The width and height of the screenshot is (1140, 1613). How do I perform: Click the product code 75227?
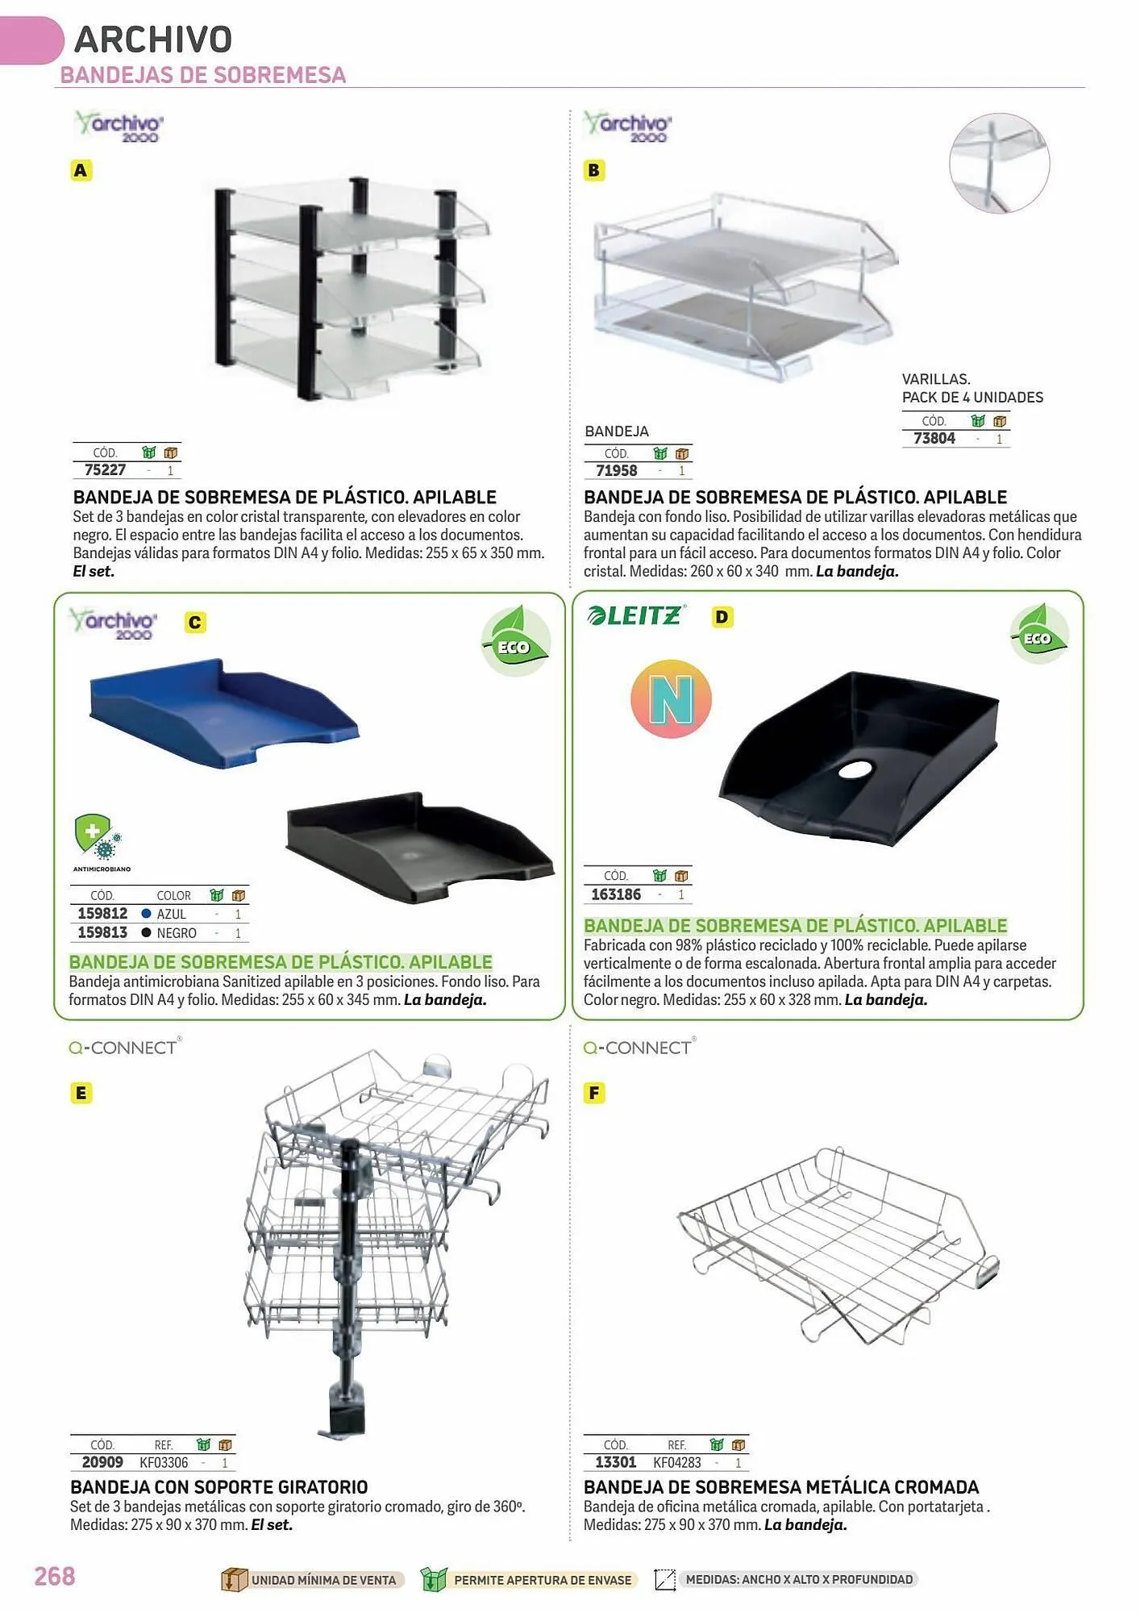click(x=106, y=469)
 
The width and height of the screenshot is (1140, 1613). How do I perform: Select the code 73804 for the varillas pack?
click(x=934, y=438)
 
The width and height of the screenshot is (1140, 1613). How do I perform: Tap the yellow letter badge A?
click(x=81, y=170)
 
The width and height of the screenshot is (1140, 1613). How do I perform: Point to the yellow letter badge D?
click(x=722, y=617)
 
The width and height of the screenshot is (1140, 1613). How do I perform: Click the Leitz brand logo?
click(x=636, y=615)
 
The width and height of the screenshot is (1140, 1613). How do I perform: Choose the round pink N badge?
click(x=671, y=698)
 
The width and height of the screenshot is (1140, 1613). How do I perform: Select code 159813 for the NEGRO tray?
click(x=102, y=932)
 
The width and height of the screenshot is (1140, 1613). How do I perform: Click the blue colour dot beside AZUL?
click(x=146, y=914)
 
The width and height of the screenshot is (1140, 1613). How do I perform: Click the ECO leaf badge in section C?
click(x=516, y=642)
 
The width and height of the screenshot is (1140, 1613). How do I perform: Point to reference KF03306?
click(x=164, y=1462)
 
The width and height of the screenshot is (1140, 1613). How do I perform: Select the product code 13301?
click(x=616, y=1462)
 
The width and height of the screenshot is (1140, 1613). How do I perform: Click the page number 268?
click(x=55, y=1576)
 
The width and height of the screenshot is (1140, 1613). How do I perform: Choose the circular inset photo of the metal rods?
click(x=1000, y=163)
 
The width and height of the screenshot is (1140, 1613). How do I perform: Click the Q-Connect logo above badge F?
click(x=640, y=1047)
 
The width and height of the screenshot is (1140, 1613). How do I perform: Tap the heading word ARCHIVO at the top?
click(x=153, y=39)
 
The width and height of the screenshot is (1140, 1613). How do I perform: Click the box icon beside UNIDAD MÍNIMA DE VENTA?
click(x=234, y=1579)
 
